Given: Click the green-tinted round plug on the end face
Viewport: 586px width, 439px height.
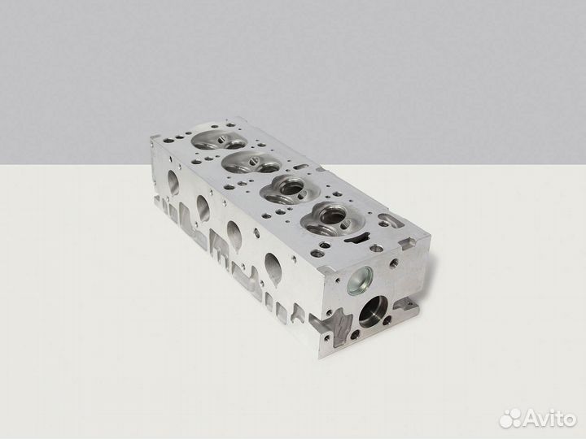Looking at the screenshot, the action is coord(360,280).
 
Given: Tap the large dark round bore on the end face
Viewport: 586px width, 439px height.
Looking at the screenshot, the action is coord(373,311).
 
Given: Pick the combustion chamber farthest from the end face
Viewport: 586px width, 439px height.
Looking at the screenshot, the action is coord(219,140).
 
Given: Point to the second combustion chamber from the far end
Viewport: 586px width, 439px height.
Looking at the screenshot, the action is coord(251,163).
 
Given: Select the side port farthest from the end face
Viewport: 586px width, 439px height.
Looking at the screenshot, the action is coord(173,183).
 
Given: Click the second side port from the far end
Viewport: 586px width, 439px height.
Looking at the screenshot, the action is coord(203,207).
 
